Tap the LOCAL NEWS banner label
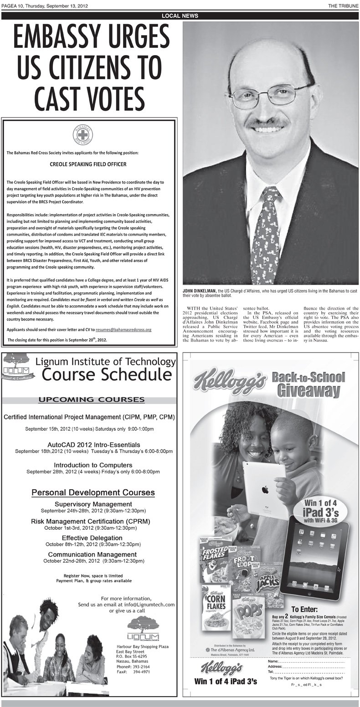coord(180,15)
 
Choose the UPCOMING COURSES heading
coord(92,400)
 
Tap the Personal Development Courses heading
coord(93,492)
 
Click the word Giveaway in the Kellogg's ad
coord(310,390)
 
